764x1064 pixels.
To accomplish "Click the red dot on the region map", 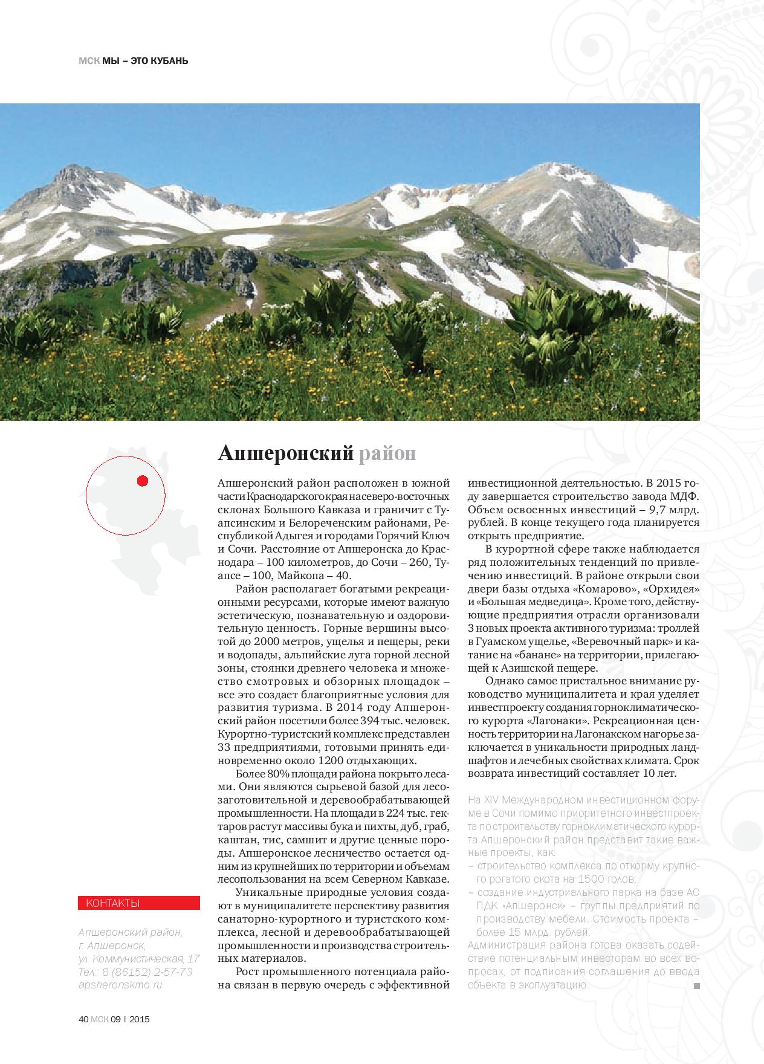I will [x=143, y=481].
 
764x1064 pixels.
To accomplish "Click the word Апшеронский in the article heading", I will [x=285, y=453].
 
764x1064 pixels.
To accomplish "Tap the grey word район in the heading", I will [x=387, y=453].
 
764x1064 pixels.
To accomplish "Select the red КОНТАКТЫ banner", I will [x=139, y=903].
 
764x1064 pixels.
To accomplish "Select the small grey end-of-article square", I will [x=696, y=985].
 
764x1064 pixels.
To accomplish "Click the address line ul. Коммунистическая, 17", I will [x=139, y=959].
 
